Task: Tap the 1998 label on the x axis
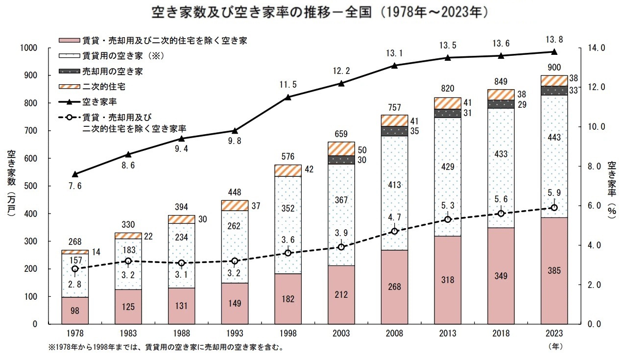[x=288, y=333]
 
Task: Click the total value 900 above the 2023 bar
[x=554, y=68]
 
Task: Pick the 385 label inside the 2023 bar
[x=554, y=270]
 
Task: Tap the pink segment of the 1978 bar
[x=74, y=311]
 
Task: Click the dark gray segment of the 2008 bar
[x=394, y=131]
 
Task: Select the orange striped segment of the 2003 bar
[x=341, y=148]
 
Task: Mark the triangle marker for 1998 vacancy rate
[x=288, y=97]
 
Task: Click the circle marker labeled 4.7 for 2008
[x=394, y=231]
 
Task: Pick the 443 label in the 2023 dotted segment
[x=554, y=137]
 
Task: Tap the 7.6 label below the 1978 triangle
[x=75, y=186]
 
